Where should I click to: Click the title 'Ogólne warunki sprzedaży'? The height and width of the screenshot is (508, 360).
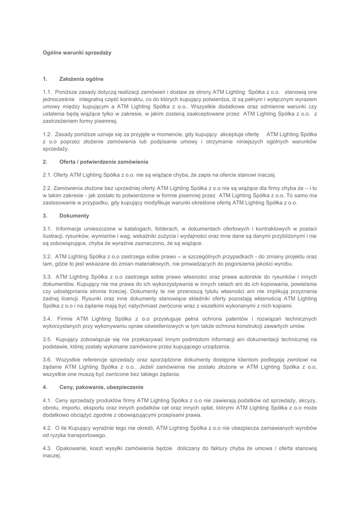click(77, 53)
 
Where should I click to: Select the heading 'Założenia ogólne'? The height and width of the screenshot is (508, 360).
click(81, 78)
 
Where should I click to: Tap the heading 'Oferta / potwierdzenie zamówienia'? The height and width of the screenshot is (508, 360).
click(103, 162)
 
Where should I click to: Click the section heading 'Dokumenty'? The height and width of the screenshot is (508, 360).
click(74, 216)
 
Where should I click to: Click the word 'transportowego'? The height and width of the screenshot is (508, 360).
click(87, 435)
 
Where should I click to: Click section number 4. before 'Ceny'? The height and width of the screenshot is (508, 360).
click(45, 386)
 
